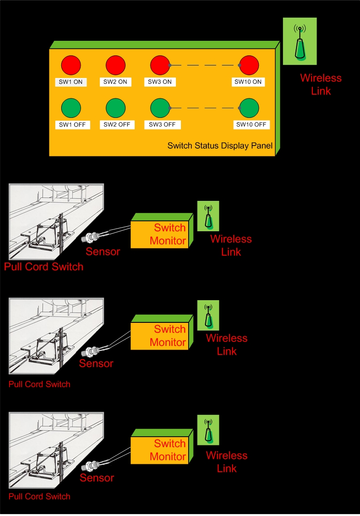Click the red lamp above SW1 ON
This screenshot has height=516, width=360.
(x=71, y=65)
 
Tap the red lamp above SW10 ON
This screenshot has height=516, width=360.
(x=249, y=65)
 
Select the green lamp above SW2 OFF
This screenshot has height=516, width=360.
(x=116, y=108)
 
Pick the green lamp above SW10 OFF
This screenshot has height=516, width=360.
(x=249, y=108)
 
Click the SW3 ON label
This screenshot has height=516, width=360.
(x=160, y=82)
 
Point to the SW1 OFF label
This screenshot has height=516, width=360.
(x=71, y=125)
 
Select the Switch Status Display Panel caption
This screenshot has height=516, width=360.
(x=220, y=146)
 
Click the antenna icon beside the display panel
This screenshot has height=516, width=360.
(x=300, y=42)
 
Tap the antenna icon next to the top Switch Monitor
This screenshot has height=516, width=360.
(x=208, y=216)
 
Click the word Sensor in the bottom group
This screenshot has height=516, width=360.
(x=97, y=477)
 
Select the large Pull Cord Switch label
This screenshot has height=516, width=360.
(x=44, y=267)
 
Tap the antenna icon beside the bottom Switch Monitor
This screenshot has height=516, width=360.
(x=208, y=430)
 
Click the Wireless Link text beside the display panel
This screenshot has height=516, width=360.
(x=321, y=84)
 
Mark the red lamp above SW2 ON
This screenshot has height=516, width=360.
(x=116, y=65)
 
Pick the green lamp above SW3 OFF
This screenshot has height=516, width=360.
(x=160, y=108)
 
